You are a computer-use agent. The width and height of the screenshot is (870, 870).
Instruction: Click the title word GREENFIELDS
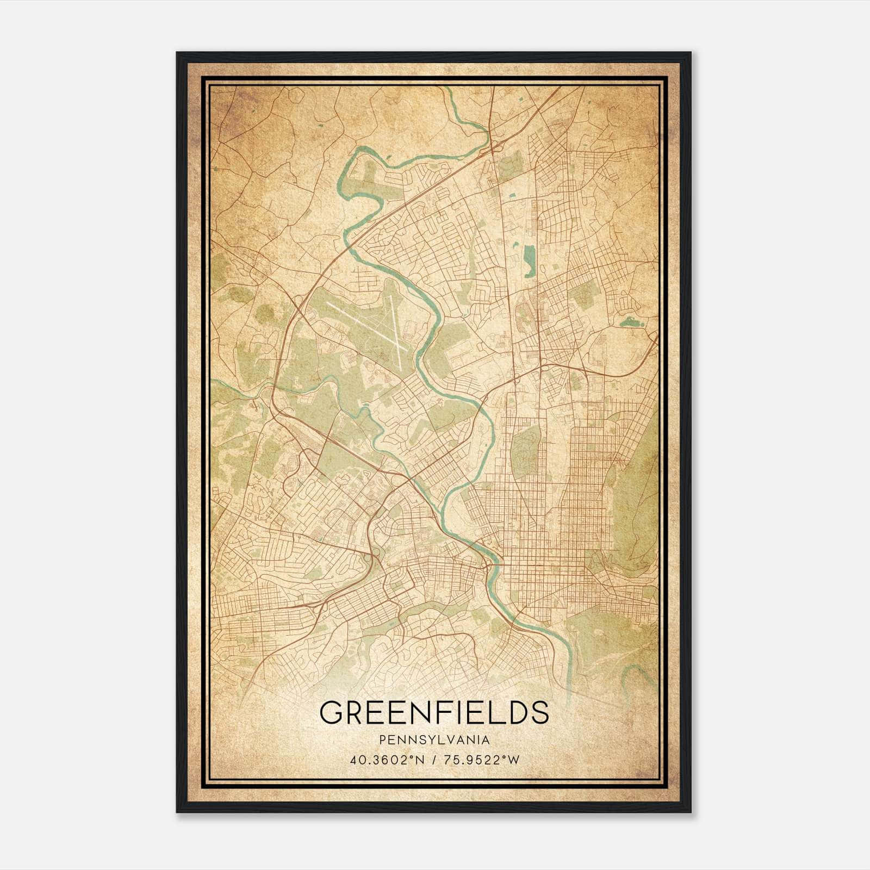(434, 712)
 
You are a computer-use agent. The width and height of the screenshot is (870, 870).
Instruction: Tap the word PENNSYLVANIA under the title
(434, 740)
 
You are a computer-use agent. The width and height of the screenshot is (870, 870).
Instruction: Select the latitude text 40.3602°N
(386, 760)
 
